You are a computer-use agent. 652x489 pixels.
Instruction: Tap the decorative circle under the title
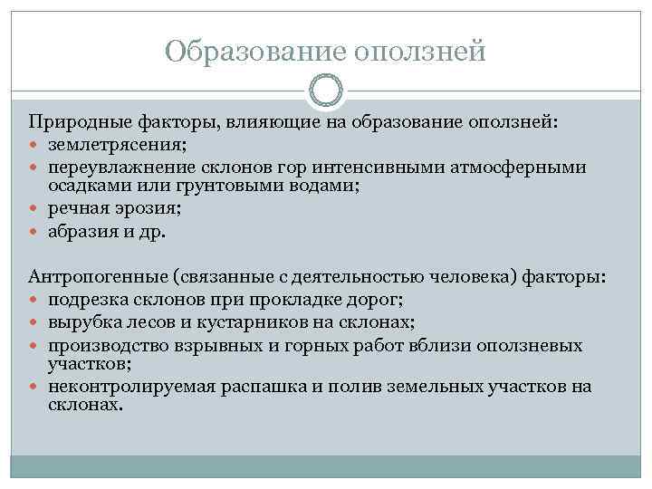(326, 91)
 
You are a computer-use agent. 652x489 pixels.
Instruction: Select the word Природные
(75, 122)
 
